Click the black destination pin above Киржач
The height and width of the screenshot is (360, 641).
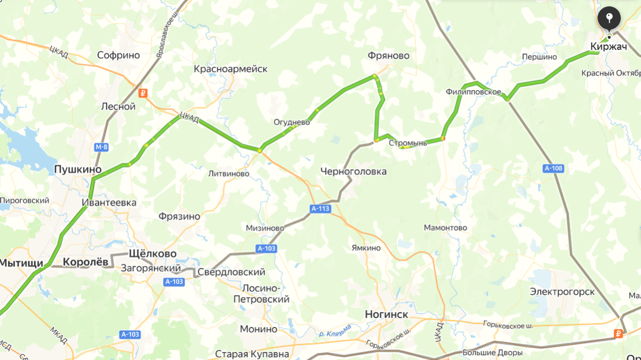(x=609, y=18)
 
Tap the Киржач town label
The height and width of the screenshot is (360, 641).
(x=608, y=47)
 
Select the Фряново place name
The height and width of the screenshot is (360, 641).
(x=388, y=56)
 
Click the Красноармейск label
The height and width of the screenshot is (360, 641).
(x=230, y=69)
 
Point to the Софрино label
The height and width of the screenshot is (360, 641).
(x=119, y=55)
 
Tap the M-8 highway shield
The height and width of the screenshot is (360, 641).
(x=101, y=147)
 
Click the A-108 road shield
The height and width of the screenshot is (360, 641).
(x=553, y=168)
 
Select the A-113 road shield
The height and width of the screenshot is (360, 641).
(x=320, y=209)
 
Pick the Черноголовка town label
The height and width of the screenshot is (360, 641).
(x=353, y=171)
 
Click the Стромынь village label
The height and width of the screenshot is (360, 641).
(x=408, y=143)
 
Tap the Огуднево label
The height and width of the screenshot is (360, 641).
(x=292, y=122)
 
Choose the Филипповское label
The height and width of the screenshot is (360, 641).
(x=473, y=92)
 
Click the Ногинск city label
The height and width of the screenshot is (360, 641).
(x=386, y=314)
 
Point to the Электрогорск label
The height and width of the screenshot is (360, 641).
(x=562, y=292)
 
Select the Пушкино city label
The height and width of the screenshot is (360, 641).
(x=78, y=169)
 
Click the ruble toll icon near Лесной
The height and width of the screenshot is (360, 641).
(x=142, y=93)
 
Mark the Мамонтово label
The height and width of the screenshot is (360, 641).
(x=445, y=228)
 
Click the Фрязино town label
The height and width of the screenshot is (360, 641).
(x=179, y=216)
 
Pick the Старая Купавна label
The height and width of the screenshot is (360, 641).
(x=252, y=354)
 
